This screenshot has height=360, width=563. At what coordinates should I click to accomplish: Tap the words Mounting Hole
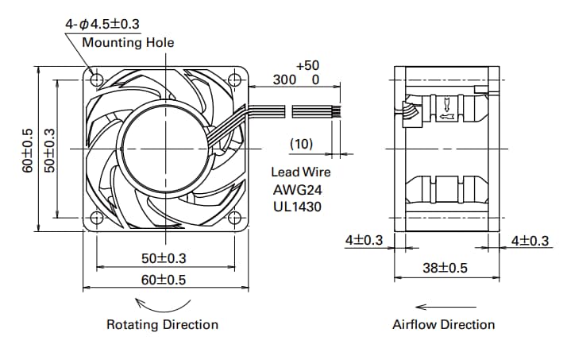click(128, 42)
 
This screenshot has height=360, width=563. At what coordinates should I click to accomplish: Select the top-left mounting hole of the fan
click(96, 79)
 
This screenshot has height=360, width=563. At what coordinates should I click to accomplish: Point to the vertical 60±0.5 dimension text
click(28, 149)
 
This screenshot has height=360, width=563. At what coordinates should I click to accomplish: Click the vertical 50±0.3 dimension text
click(49, 149)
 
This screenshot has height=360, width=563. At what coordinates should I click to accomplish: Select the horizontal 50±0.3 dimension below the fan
click(165, 258)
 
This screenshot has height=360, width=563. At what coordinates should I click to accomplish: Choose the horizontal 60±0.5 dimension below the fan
click(165, 279)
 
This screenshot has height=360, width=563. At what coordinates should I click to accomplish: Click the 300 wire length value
click(283, 79)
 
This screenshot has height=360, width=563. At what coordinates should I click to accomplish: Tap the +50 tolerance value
click(307, 64)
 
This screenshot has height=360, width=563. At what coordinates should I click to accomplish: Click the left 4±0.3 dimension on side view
click(364, 239)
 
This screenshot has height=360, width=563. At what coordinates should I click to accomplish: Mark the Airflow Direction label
click(443, 324)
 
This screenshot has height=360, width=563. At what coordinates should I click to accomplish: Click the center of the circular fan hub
click(165, 149)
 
